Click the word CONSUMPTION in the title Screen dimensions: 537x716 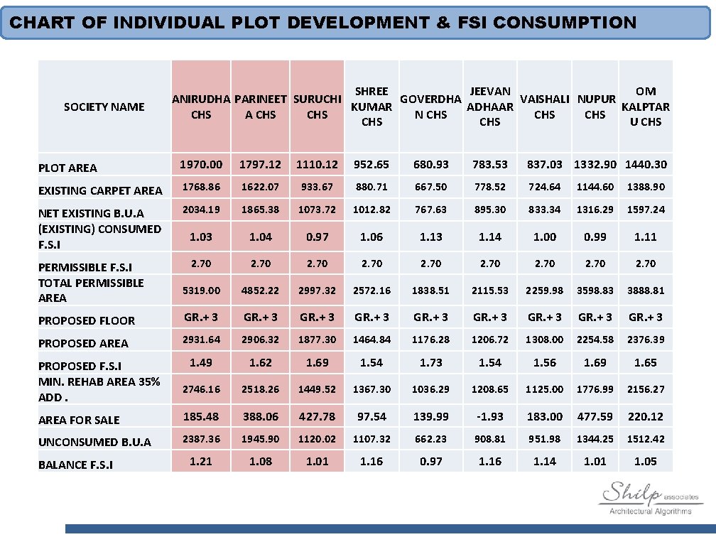(x=564, y=23)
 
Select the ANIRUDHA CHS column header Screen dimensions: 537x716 (x=201, y=107)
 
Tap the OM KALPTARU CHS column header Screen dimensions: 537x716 (x=645, y=107)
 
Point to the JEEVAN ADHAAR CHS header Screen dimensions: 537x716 (x=489, y=107)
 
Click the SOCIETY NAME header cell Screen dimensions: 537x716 (x=104, y=107)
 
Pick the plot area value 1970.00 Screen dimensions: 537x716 (x=201, y=164)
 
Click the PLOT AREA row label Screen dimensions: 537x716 (x=67, y=168)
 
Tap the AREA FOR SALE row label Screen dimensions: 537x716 (x=79, y=420)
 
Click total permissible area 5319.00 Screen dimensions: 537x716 (x=201, y=291)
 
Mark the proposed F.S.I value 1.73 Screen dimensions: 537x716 (x=430, y=362)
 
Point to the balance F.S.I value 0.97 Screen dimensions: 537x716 (x=430, y=461)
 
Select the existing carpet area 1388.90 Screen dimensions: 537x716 (x=645, y=187)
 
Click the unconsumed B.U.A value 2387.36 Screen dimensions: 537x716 (x=201, y=439)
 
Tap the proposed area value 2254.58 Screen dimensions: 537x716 (x=595, y=340)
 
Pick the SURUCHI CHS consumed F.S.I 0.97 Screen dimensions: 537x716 (x=317, y=237)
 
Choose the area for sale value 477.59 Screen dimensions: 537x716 (x=595, y=416)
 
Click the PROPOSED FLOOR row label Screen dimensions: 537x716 (x=87, y=320)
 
